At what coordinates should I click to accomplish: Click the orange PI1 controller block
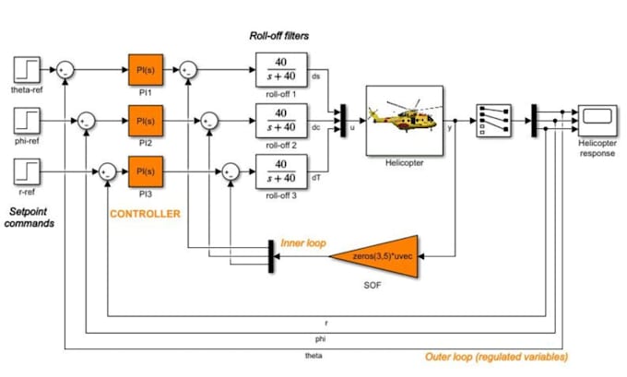tap(145, 69)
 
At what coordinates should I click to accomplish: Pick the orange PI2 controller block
tap(145, 121)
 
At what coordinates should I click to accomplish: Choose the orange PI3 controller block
tap(145, 171)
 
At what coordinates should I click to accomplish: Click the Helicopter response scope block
tap(597, 120)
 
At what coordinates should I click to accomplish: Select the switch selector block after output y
tap(490, 121)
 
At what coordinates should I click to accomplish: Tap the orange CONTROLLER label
tap(145, 214)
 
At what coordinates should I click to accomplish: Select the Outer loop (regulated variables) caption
tap(496, 356)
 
